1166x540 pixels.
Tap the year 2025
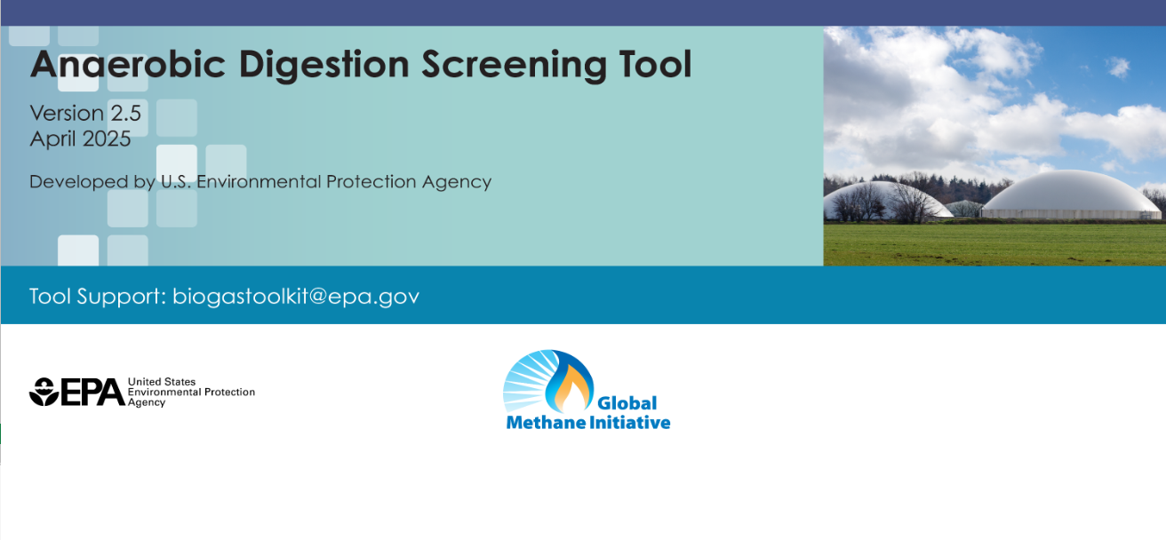pos(107,139)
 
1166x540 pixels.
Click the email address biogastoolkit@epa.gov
pos(296,296)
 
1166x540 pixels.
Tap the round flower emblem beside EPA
pos(43,392)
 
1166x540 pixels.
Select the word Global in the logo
pos(627,404)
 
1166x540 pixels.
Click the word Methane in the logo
pos(543,423)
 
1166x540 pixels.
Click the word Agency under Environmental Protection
pos(147,402)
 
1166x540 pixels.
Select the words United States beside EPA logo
pos(162,382)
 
